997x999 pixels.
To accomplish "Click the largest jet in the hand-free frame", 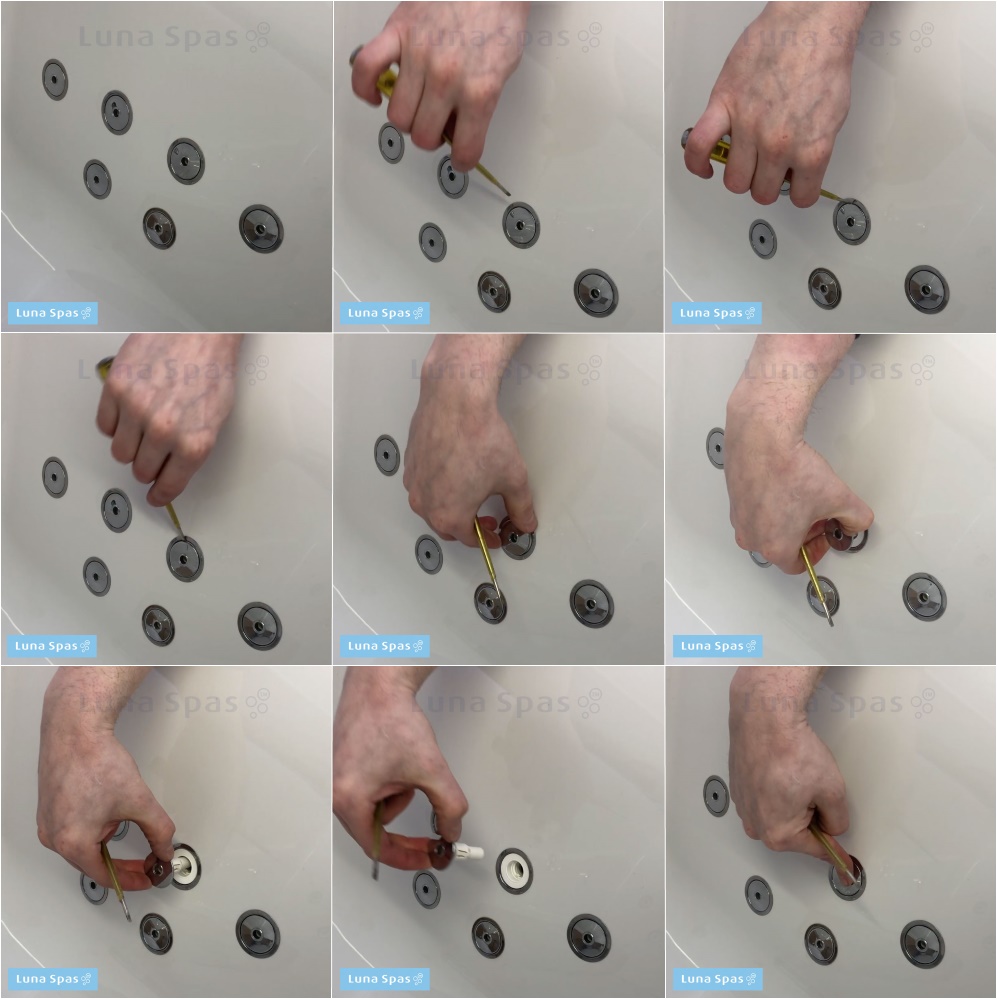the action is (261, 229).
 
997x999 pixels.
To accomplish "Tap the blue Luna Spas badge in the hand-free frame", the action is (53, 313).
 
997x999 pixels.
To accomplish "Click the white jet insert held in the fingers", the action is (468, 850).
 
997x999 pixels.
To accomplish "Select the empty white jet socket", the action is (514, 870).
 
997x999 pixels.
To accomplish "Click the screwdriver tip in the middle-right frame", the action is (831, 623).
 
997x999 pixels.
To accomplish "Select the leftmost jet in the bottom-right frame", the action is (716, 795).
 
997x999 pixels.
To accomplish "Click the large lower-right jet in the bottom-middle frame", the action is (589, 938).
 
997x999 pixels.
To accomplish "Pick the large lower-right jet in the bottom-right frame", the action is (922, 944).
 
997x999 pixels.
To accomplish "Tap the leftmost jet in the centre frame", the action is (387, 455).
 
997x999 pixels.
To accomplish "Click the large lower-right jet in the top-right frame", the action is (926, 289).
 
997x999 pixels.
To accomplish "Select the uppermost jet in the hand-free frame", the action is (55, 80).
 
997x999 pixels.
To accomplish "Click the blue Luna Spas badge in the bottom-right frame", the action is (717, 979).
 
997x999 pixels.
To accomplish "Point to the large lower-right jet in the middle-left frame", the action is (259, 626).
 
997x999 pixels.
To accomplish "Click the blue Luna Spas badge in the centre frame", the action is (385, 646).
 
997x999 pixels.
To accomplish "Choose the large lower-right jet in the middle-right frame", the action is (924, 596).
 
